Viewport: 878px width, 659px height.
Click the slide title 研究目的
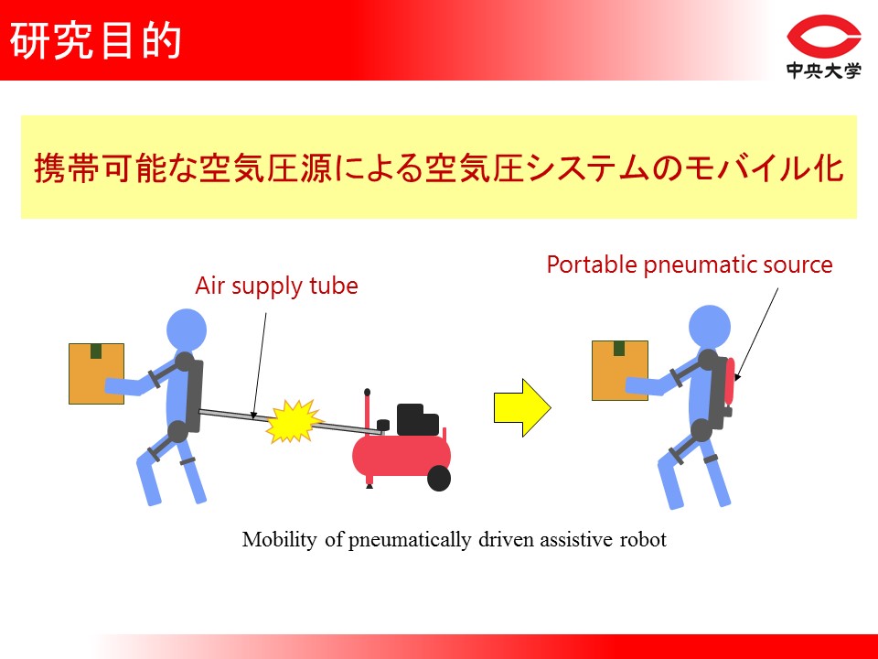point(95,40)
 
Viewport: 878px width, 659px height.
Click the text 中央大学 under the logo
point(823,70)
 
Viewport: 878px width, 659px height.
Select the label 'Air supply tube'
point(276,286)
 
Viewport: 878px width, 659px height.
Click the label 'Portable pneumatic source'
point(690,265)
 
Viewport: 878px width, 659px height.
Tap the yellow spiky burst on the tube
point(293,421)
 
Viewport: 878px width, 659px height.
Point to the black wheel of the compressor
point(439,479)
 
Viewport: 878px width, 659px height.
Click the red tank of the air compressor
point(401,455)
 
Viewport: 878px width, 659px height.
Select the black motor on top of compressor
point(417,420)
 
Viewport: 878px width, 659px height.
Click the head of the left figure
point(187,329)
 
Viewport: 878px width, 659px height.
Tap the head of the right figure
point(710,326)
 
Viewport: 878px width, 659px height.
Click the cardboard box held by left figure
point(96,373)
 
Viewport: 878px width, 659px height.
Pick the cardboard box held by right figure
point(620,371)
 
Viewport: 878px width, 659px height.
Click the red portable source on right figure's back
point(730,381)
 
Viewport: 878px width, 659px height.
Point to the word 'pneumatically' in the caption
point(410,540)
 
